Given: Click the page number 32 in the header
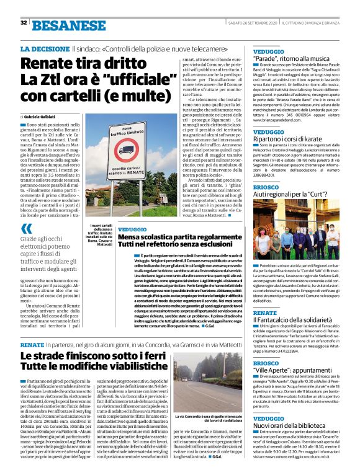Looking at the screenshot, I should [x=24, y=24].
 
